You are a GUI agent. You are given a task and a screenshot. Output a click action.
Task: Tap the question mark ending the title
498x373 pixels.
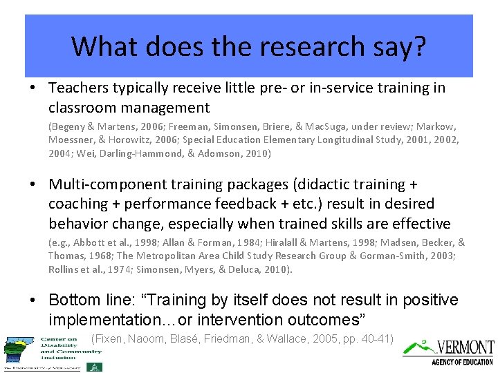pyautogui.click(x=419, y=46)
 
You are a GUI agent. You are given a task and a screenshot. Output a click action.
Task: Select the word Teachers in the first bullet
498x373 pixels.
pyautogui.click(x=78, y=88)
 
